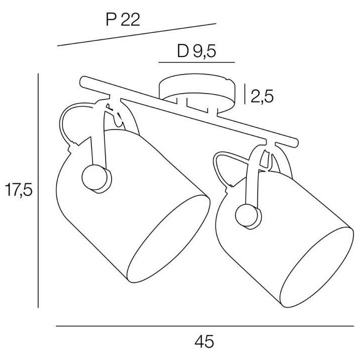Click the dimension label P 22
(123, 19)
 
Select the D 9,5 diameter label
(196, 51)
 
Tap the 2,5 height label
(262, 96)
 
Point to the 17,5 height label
(18, 189)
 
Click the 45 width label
(204, 341)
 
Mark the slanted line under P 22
(136, 34)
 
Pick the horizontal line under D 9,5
(197, 62)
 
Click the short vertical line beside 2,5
(245, 94)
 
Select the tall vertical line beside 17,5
(38, 190)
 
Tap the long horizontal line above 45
(205, 326)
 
